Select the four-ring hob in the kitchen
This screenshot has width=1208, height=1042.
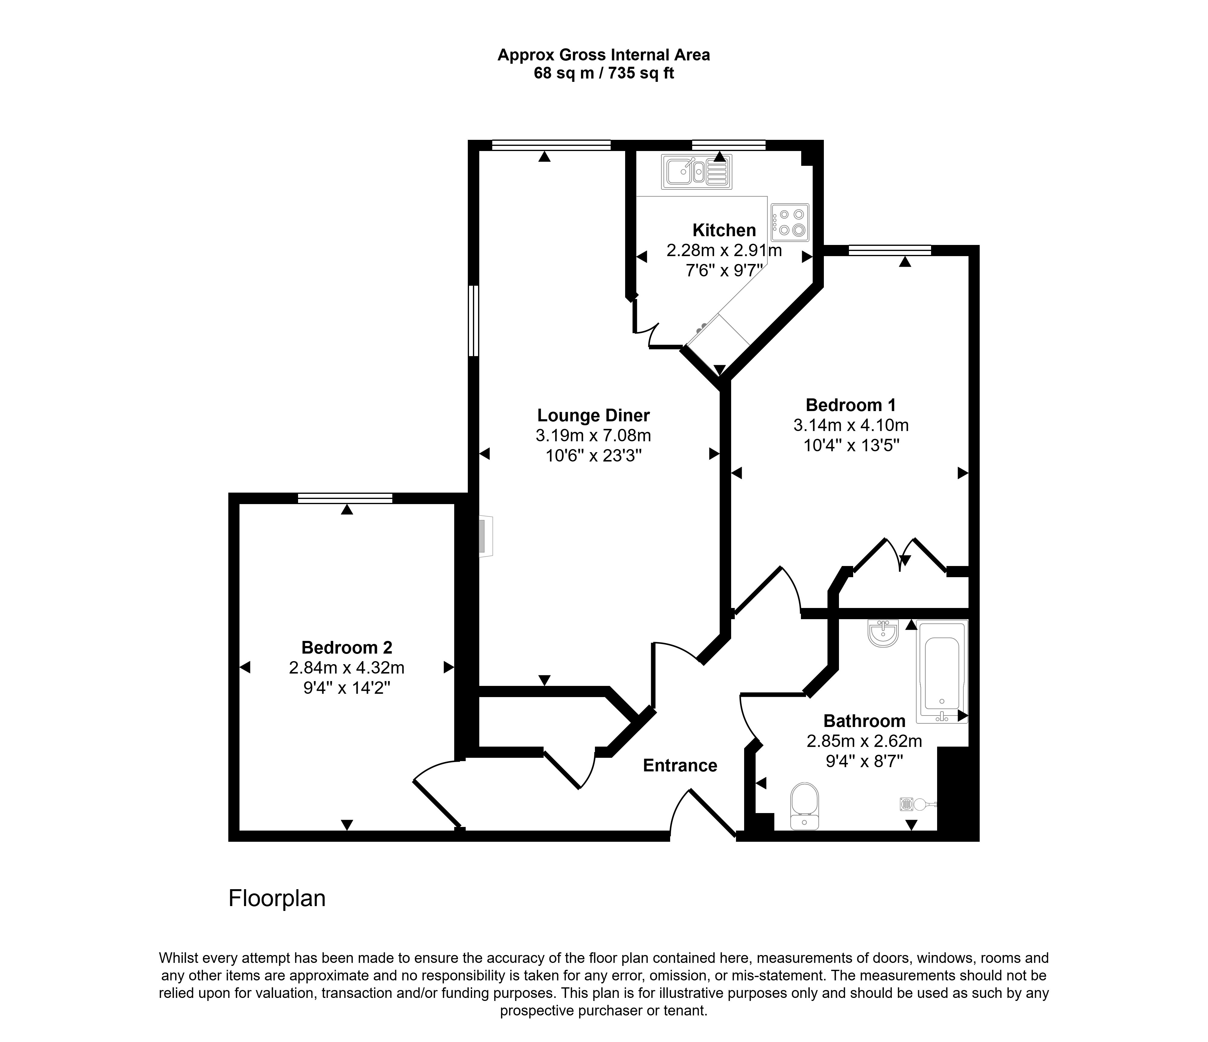click(790, 222)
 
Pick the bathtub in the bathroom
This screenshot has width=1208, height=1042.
click(942, 671)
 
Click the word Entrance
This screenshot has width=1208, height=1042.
click(680, 766)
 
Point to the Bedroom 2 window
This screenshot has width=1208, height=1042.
click(345, 498)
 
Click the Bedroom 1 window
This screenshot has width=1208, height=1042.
click(890, 250)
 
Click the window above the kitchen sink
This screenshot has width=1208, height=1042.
click(729, 145)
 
